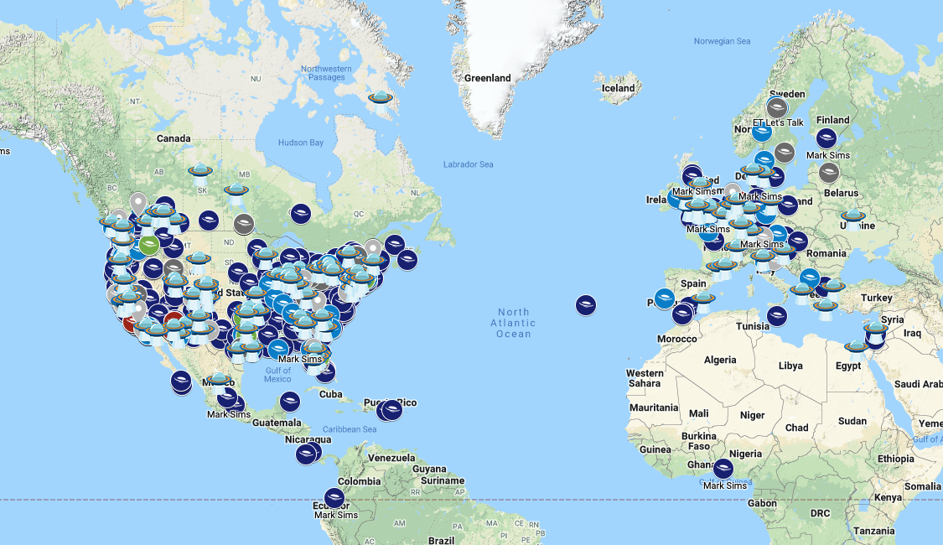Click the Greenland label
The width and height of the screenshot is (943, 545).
pos(487,78)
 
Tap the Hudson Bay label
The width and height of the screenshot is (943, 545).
pos(300,143)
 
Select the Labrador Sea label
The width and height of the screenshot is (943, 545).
pos(468,164)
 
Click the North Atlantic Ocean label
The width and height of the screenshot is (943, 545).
pos(513,323)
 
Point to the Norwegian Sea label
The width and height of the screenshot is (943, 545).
pos(722,41)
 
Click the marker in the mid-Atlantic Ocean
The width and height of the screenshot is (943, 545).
pos(586,305)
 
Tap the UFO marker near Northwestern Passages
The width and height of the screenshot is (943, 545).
pos(381,101)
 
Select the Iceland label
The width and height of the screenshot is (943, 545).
pos(619,88)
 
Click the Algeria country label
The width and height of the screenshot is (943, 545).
pos(720,360)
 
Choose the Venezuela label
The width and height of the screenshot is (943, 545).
pos(391,459)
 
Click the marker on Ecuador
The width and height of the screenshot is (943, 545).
pos(334,498)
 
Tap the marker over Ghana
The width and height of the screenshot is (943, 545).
pos(723,469)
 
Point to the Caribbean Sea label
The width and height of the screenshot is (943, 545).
pos(350,429)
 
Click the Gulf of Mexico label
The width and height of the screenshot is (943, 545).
pos(277,375)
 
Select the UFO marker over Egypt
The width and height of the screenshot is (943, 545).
pos(856,345)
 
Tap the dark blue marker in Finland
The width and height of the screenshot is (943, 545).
pos(826,139)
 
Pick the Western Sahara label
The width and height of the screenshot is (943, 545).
pos(645,378)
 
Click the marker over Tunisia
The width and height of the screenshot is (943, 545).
pos(777,315)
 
